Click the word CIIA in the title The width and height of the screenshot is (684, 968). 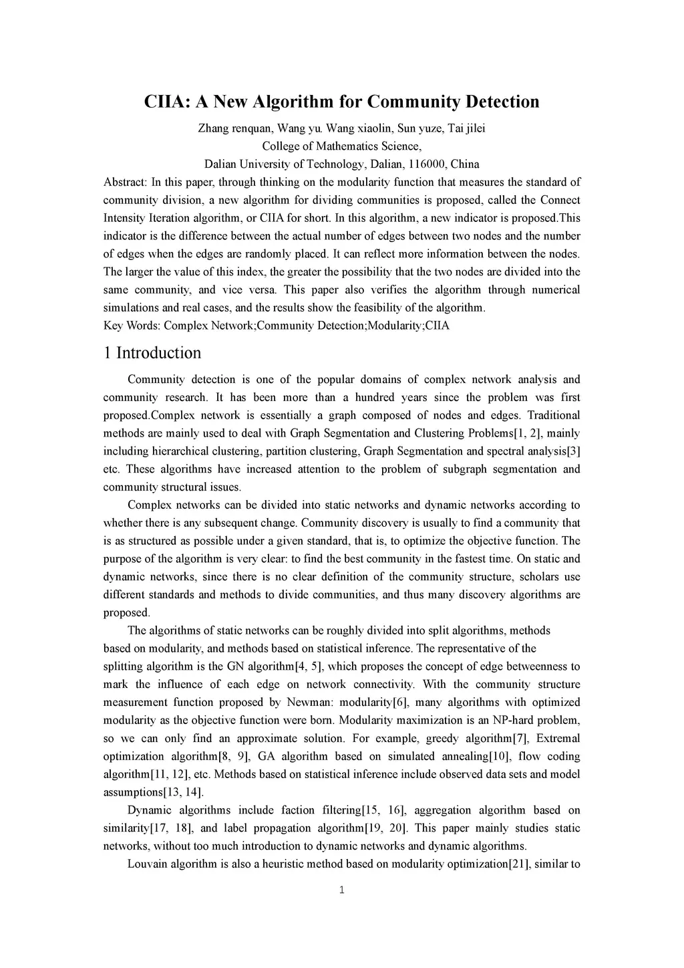click(x=165, y=102)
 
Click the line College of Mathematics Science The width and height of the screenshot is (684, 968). click(x=341, y=146)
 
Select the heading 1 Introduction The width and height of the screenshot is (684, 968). click(x=152, y=353)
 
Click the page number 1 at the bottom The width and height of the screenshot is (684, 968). click(x=342, y=890)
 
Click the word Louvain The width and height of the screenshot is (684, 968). click(x=148, y=864)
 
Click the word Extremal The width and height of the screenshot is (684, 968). click(x=558, y=738)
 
